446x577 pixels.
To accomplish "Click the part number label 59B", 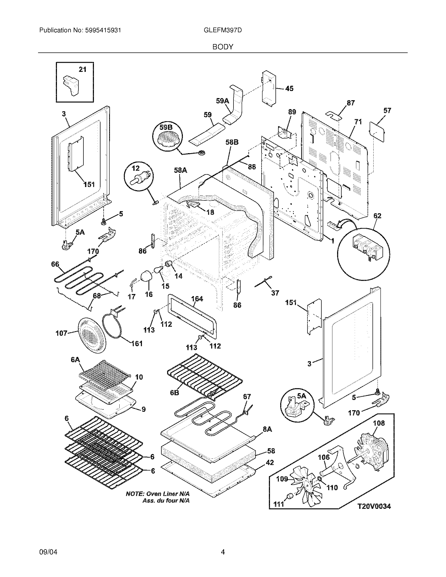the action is [x=166, y=127].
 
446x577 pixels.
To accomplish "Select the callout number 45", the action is [x=289, y=88].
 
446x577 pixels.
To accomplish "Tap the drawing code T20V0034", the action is [x=374, y=506].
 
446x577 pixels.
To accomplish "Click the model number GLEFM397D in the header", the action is [x=223, y=30].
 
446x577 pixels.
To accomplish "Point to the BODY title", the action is [x=223, y=47].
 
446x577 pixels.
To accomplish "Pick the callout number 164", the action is [x=197, y=298].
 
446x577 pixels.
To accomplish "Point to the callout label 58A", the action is [x=180, y=170].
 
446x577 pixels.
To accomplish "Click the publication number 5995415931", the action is [x=103, y=30].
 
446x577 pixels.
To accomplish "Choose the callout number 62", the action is [x=377, y=216].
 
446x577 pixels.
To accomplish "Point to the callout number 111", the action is [x=279, y=504].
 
